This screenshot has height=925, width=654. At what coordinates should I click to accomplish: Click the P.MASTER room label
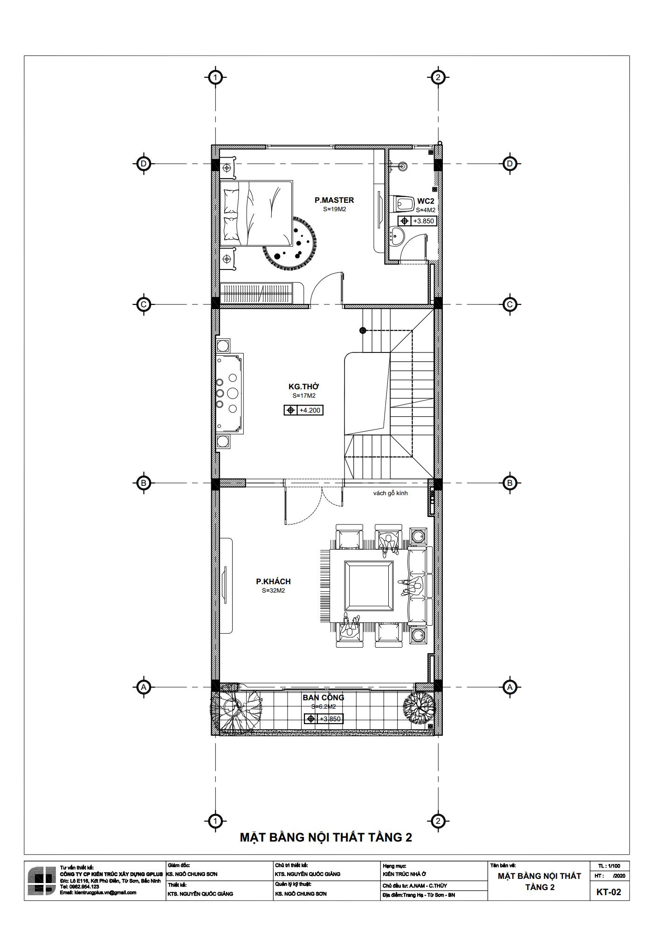(x=334, y=200)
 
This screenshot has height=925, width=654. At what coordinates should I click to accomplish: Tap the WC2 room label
(x=426, y=201)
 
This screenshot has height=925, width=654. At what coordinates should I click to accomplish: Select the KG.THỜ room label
(x=304, y=387)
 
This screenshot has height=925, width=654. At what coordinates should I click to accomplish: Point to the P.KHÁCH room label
(x=273, y=581)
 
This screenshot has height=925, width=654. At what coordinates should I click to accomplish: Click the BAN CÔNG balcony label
(x=323, y=697)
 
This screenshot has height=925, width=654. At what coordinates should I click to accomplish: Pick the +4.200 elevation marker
(x=303, y=410)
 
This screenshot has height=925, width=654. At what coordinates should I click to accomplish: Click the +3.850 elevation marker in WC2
(x=417, y=221)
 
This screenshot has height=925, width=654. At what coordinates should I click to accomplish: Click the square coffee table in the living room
(x=369, y=585)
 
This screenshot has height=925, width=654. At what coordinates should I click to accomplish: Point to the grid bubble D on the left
(x=144, y=164)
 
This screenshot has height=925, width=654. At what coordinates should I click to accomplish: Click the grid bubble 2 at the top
(x=437, y=77)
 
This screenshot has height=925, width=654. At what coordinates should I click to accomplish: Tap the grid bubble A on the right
(x=509, y=687)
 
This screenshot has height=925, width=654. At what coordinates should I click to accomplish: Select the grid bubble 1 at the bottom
(x=215, y=821)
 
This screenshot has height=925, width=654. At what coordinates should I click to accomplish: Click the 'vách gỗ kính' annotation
(x=391, y=493)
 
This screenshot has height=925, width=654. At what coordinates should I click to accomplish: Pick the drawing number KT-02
(x=609, y=892)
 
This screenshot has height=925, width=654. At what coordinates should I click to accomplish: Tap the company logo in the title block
(x=42, y=881)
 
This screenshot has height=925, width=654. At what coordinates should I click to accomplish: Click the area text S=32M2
(x=273, y=591)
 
